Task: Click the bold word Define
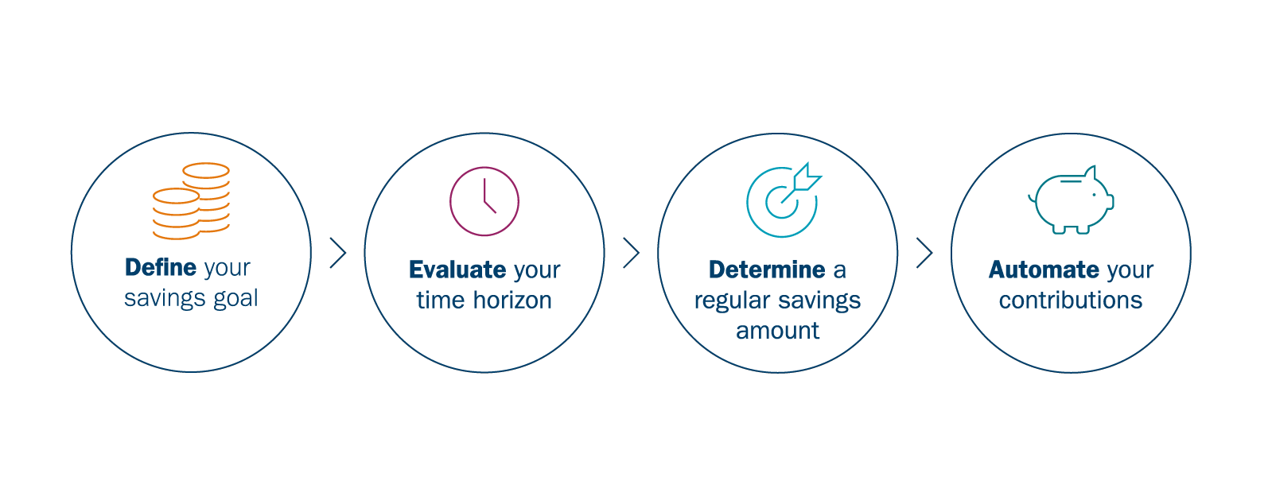point(160,267)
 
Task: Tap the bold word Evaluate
point(457,270)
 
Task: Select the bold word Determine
point(767,270)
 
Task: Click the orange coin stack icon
point(192,201)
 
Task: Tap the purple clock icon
point(484,201)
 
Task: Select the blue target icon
point(783,200)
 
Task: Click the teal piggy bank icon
point(1071,200)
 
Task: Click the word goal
point(235,299)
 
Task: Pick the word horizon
point(512,300)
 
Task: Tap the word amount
point(777,331)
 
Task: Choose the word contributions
point(1071,300)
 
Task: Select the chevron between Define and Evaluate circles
point(338,253)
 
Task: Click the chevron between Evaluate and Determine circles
point(632,253)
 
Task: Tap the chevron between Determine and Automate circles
point(924,253)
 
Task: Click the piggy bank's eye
point(1095,195)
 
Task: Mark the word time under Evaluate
point(441,300)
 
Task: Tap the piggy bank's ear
point(1090,173)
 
